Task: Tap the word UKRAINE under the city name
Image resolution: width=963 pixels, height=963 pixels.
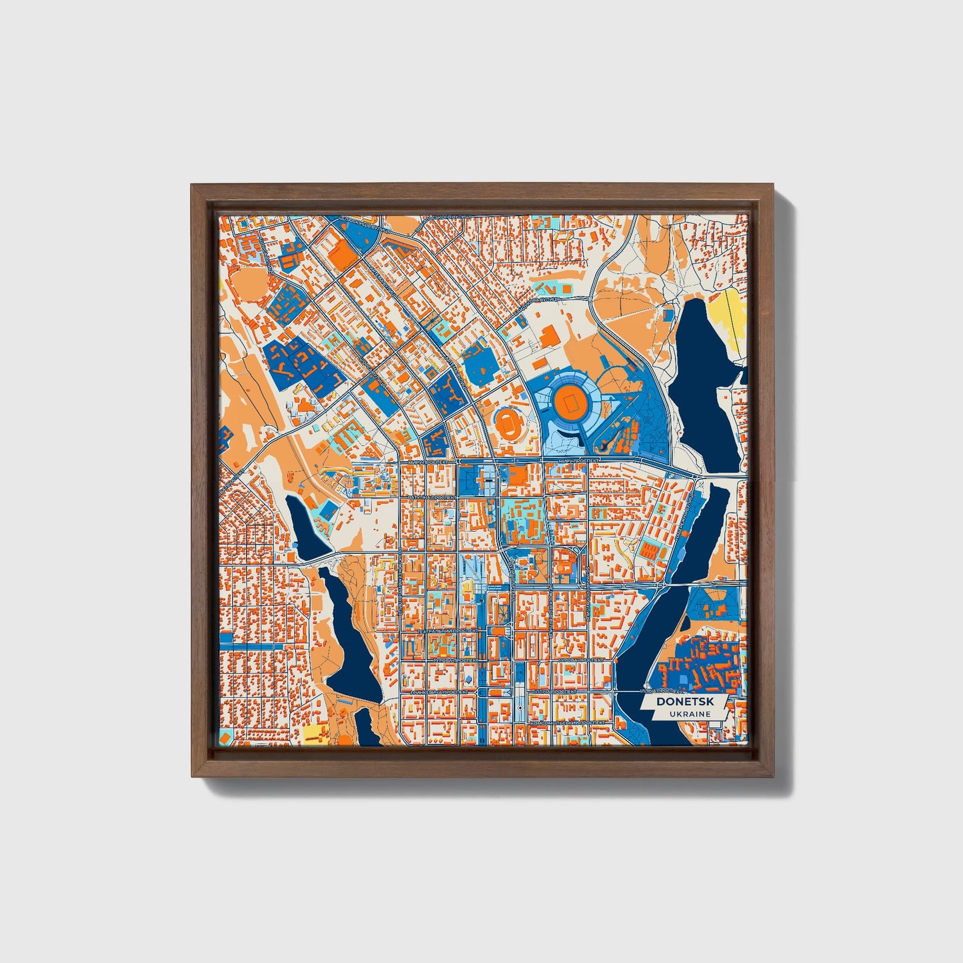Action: tap(683, 714)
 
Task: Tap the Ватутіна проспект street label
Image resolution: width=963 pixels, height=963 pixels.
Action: tap(428, 496)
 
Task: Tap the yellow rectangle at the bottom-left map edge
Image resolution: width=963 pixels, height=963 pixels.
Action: tap(313, 733)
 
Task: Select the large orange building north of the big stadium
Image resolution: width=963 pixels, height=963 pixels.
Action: tap(550, 337)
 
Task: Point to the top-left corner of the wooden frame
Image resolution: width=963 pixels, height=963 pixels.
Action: tap(193, 186)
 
